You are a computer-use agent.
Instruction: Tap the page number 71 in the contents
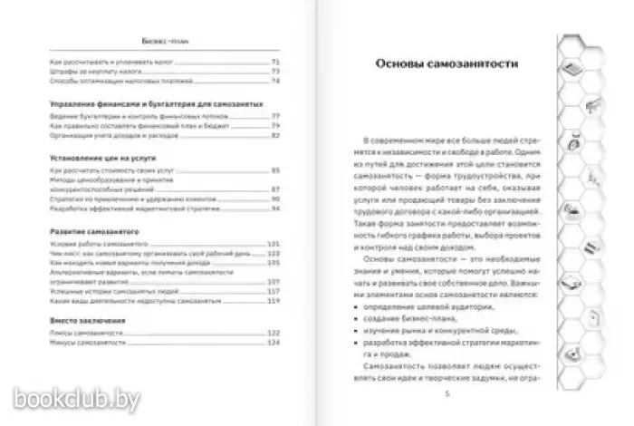click(275, 61)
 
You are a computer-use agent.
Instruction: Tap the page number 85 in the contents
click(275, 169)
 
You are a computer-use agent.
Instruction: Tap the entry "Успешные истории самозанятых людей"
click(105, 293)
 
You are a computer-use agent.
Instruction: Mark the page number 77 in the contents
click(275, 114)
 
